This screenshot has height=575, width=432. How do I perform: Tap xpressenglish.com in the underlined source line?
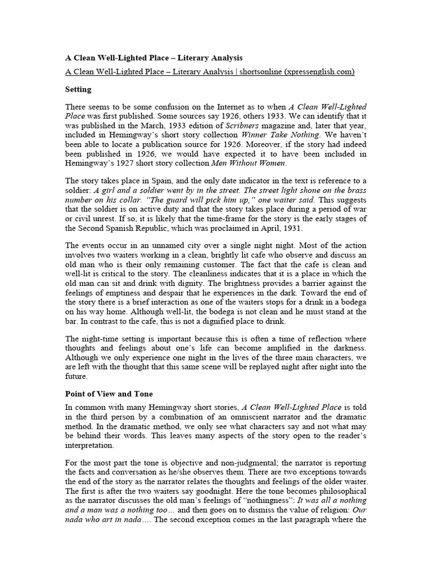[319, 72]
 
